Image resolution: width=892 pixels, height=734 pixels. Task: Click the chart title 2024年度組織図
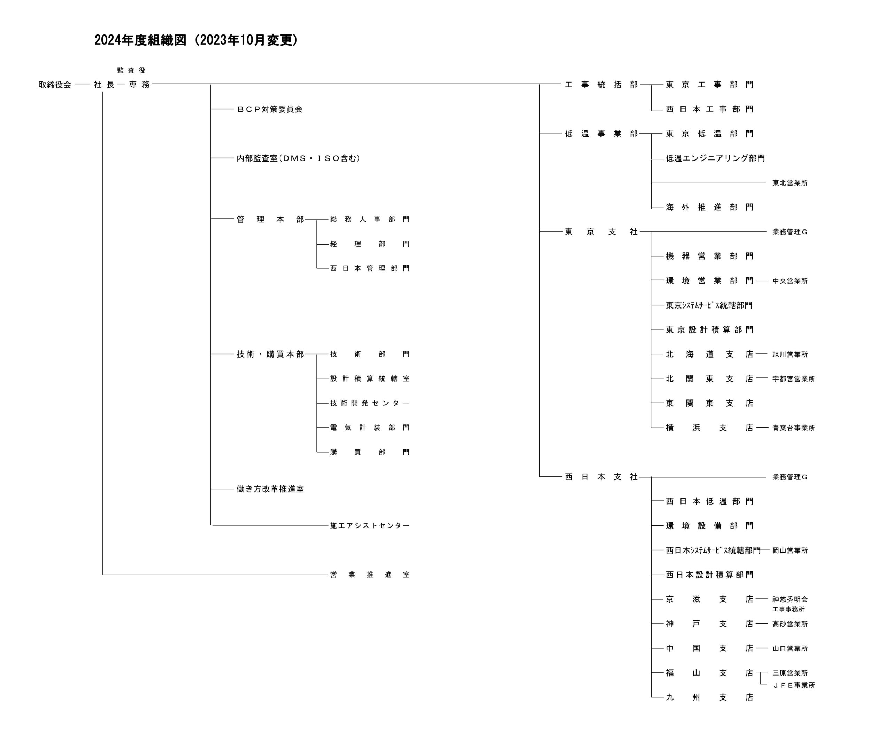coord(140,40)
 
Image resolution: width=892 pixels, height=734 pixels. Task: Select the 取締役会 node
coord(55,85)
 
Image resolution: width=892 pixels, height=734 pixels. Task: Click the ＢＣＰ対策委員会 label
coord(270,109)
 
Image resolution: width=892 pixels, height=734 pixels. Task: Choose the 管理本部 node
coord(270,219)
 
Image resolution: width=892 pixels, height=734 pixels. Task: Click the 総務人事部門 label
coord(370,219)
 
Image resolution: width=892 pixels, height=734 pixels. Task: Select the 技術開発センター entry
coord(370,403)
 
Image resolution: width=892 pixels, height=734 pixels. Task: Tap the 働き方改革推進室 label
coord(270,489)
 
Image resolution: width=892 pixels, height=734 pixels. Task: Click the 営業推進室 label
coord(370,575)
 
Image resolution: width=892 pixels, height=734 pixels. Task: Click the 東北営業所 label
coord(790,183)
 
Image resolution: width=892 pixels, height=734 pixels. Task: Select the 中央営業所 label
coord(790,281)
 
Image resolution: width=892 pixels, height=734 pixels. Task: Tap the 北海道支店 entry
coord(710,354)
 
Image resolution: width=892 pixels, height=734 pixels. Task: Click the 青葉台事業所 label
coord(793,428)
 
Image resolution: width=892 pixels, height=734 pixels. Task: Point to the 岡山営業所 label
coord(790,550)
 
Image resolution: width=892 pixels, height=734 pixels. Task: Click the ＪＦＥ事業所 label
coord(793,685)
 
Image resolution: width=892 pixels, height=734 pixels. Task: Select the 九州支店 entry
coord(710,697)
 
